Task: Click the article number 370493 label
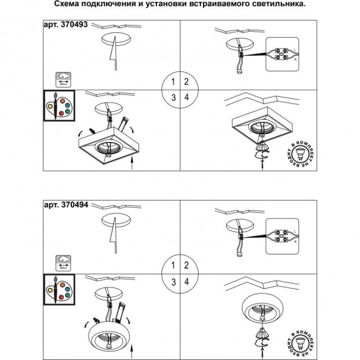click(68, 27)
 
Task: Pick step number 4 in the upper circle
click(186, 96)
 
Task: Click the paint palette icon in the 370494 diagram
click(58, 287)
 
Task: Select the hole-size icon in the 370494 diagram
click(62, 259)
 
